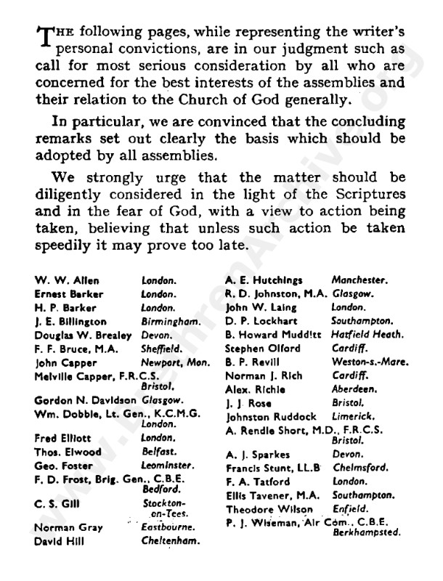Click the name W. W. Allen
(x=58, y=280)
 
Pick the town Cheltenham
(x=170, y=540)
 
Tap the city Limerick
(x=353, y=414)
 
